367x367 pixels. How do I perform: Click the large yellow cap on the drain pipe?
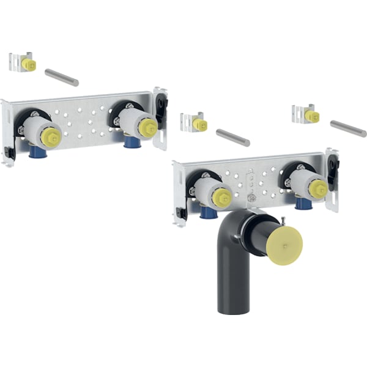(x=285, y=247)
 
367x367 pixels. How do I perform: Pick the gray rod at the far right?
(x=348, y=128)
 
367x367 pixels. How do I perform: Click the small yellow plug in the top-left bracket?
(x=26, y=64)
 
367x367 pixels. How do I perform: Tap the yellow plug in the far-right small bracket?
(x=311, y=116)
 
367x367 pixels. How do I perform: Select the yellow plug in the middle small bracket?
(x=199, y=124)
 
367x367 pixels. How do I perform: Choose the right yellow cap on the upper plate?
(x=147, y=127)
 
